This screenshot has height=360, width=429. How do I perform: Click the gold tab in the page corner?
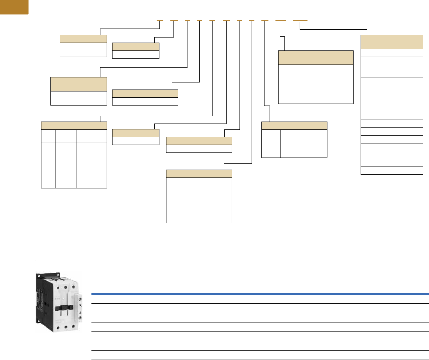coord(14,7)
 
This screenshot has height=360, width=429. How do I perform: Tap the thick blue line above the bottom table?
coord(260,294)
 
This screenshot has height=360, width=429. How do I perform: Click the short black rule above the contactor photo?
coord(61,260)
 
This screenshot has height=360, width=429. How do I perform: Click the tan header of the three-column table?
coord(74,125)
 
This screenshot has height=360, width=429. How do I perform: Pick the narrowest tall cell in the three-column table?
coord(48,165)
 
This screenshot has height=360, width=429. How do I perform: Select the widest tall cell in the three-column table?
coord(92,165)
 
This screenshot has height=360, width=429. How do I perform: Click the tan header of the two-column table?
coord(294,125)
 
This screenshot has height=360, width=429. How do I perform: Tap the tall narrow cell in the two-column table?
coord(271,147)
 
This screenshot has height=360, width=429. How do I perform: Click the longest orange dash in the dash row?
coord(300,20)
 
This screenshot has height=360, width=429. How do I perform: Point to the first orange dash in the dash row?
coord(159,20)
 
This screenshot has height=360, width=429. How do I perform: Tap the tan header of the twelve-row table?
coord(391,41)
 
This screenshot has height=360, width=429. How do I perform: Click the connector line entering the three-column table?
coord(156,116)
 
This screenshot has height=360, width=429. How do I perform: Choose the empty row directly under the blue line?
coord(260,299)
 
